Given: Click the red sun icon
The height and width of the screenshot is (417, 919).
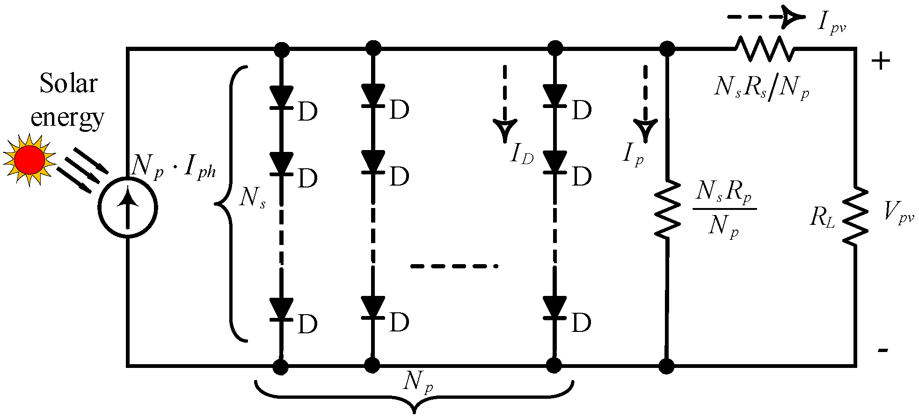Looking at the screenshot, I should click(29, 160).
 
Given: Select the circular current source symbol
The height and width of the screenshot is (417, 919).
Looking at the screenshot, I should click(127, 208).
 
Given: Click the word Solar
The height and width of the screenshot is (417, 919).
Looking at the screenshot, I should click(68, 84).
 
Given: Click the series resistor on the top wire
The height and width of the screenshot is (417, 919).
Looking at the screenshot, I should click(764, 49).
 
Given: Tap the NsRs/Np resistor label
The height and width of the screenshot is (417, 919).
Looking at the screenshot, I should click(761, 87).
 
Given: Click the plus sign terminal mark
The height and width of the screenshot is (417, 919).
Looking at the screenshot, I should click(880, 61).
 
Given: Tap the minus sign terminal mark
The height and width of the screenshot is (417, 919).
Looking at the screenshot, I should click(883, 350).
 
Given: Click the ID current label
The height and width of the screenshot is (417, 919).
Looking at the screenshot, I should click(521, 153).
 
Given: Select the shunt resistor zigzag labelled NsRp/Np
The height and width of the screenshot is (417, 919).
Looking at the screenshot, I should click(666, 209).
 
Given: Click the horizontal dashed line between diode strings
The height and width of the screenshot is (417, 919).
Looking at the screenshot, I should click(454, 266).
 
